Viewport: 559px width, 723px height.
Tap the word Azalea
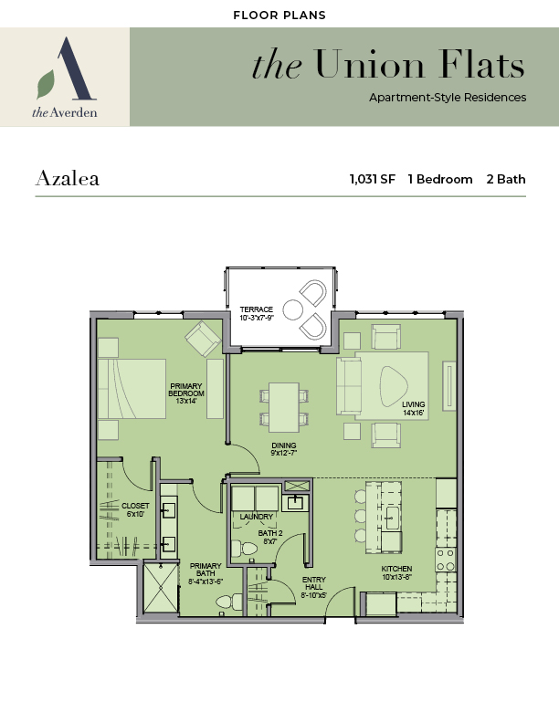click(x=68, y=178)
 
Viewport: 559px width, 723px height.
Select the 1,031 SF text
click(x=372, y=179)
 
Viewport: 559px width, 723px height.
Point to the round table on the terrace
click(x=293, y=309)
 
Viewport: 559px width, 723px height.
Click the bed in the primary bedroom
click(x=132, y=389)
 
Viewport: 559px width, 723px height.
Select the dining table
click(x=284, y=407)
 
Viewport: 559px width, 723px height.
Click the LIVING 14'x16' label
click(x=413, y=409)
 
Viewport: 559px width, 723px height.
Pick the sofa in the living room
click(x=349, y=386)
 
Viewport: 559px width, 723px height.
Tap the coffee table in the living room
click(x=394, y=386)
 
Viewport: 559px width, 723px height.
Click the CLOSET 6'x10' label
click(x=135, y=509)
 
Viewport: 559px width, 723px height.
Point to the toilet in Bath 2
click(x=244, y=549)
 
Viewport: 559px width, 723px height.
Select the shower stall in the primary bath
click(x=161, y=587)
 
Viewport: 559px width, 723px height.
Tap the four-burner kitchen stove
click(x=446, y=560)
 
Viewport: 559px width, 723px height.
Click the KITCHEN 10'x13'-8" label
click(x=396, y=572)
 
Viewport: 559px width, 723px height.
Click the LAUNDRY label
click(x=257, y=517)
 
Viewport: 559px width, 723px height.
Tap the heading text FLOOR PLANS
click(x=279, y=16)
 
